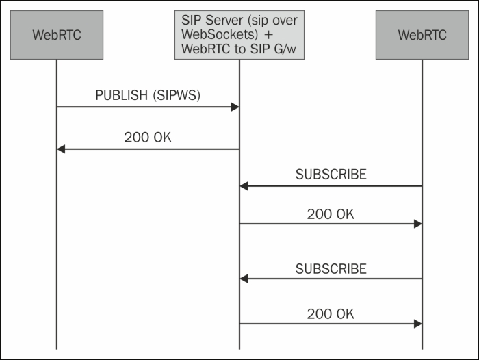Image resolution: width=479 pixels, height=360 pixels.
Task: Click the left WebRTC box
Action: [x=56, y=34]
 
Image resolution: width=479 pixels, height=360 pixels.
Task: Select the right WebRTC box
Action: [x=422, y=34]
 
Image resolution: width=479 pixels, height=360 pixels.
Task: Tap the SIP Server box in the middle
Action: [x=239, y=34]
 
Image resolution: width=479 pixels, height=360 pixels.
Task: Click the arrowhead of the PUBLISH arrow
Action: [x=235, y=107]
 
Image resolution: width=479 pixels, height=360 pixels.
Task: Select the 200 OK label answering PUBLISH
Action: [x=148, y=137]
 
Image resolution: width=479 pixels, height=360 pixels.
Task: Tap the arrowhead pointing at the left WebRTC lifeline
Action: [x=61, y=149]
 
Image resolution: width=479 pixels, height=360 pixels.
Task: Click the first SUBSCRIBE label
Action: [x=331, y=175]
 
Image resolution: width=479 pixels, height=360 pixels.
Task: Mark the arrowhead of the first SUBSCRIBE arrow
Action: [x=244, y=186]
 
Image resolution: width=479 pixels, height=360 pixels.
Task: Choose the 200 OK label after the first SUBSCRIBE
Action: [x=331, y=214]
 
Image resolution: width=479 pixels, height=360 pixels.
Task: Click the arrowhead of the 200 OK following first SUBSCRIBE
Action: [x=417, y=224]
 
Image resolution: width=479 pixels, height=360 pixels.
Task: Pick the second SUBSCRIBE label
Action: [x=331, y=268]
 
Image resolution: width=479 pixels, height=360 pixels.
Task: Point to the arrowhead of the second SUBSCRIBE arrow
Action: [x=244, y=279]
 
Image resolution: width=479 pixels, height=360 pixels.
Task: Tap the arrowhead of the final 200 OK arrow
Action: [x=417, y=323]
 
